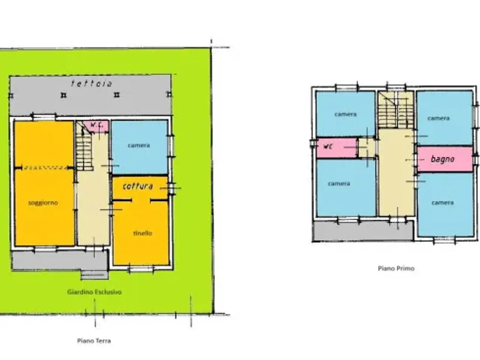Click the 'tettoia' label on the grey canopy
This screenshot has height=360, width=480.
[91, 84]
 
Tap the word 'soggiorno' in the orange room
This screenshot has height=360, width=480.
[43, 203]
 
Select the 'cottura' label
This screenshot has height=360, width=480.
[138, 186]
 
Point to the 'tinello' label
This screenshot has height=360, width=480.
[142, 234]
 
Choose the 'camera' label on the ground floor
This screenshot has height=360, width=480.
[139, 145]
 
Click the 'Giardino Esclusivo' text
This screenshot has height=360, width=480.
[94, 292]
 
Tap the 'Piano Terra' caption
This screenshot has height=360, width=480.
[94, 341]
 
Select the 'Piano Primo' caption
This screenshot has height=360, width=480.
[396, 268]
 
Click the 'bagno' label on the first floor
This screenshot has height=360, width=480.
[442, 159]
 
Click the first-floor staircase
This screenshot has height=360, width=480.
[396, 110]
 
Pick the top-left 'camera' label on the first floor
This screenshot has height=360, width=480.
[345, 114]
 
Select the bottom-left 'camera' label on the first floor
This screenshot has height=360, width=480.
[339, 184]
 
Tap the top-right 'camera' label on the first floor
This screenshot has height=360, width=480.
[438, 118]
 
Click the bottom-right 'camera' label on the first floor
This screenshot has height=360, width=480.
[442, 203]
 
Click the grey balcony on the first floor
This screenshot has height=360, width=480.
[363, 231]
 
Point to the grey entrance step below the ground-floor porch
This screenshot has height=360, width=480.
[94, 275]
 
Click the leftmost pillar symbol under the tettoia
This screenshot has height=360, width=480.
[11, 96]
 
